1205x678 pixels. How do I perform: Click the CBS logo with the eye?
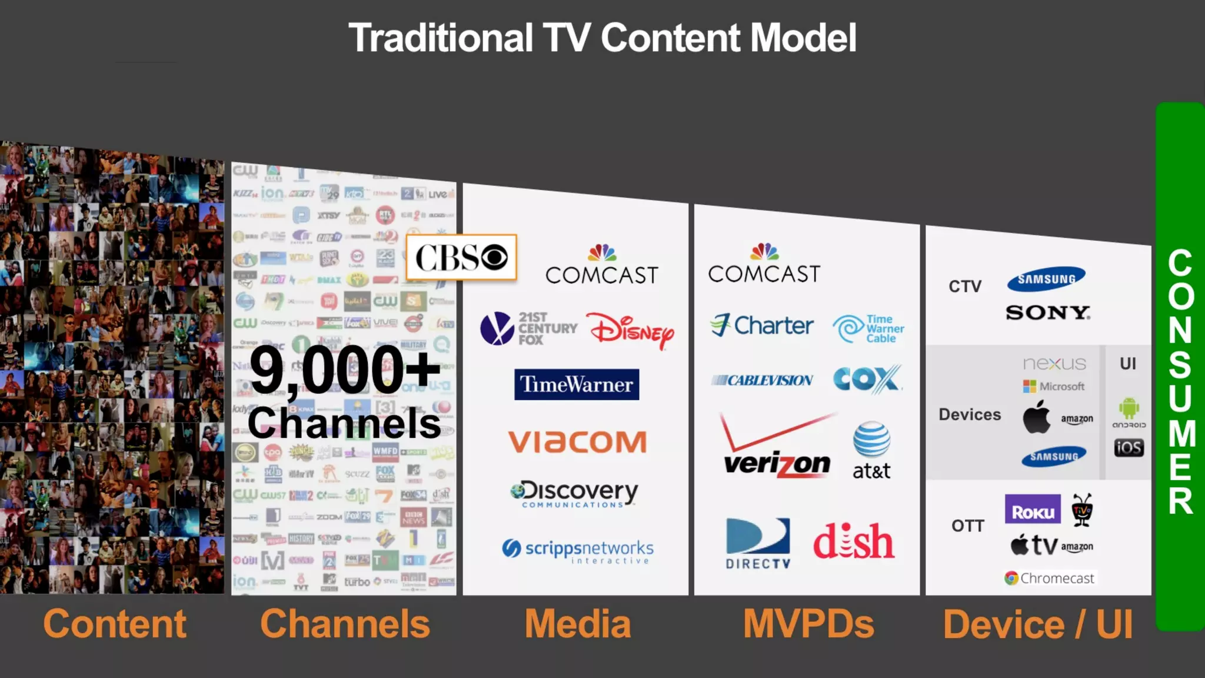[461, 257]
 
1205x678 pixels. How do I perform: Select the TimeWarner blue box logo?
[577, 384]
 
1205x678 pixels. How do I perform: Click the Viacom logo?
[577, 442]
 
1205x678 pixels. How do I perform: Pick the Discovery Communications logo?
[574, 493]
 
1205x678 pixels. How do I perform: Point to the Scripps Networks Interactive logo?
[578, 551]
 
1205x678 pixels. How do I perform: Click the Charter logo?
[762, 325]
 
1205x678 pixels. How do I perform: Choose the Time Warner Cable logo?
[868, 328]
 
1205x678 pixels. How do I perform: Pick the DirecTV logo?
[758, 543]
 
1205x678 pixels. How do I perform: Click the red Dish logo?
[854, 541]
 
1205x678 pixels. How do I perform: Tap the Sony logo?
[1048, 313]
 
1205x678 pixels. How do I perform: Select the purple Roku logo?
[1033, 510]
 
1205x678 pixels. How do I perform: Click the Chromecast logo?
[1050, 578]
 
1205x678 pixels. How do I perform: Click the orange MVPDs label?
[808, 624]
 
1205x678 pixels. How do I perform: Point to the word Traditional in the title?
[441, 38]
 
